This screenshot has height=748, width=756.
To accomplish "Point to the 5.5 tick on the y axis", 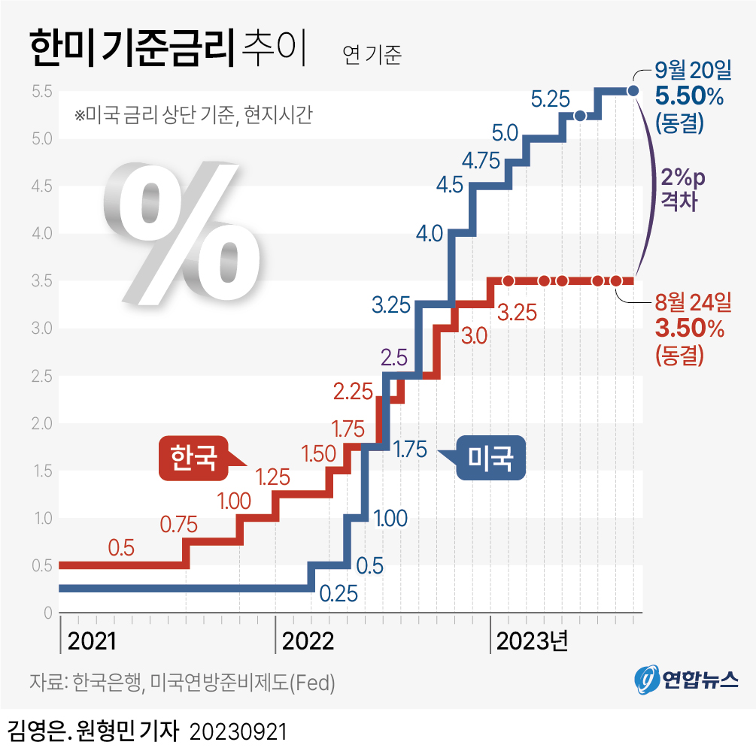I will click(x=41, y=92).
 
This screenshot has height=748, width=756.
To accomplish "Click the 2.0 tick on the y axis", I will click(x=41, y=423).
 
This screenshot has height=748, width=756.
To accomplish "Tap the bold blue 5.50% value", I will click(x=689, y=95).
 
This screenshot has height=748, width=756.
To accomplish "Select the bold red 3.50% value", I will click(x=689, y=329).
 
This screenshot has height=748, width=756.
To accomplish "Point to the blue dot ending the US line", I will click(x=633, y=91).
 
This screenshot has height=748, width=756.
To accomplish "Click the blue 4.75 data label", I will click(x=481, y=160).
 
